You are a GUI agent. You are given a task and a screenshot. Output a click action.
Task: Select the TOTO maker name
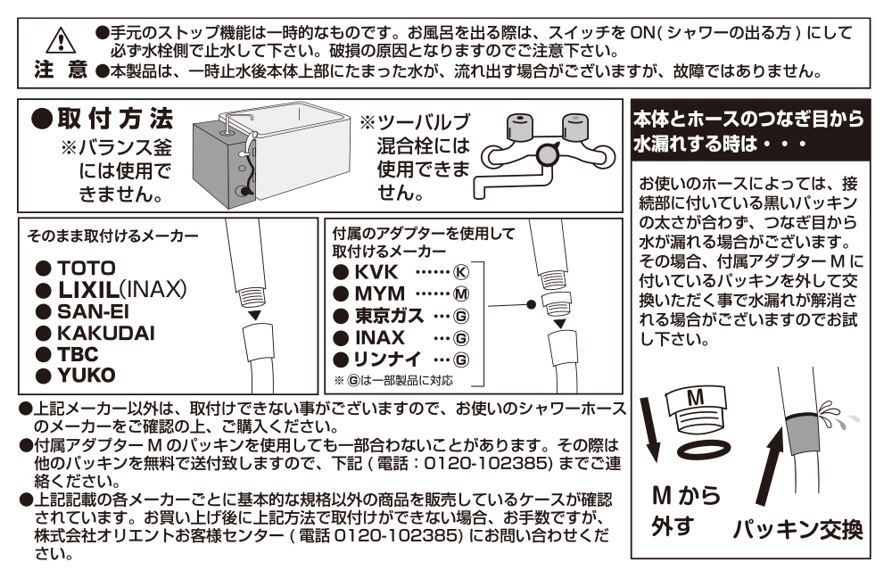(87, 267)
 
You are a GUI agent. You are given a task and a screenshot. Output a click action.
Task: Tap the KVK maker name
(379, 271)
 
